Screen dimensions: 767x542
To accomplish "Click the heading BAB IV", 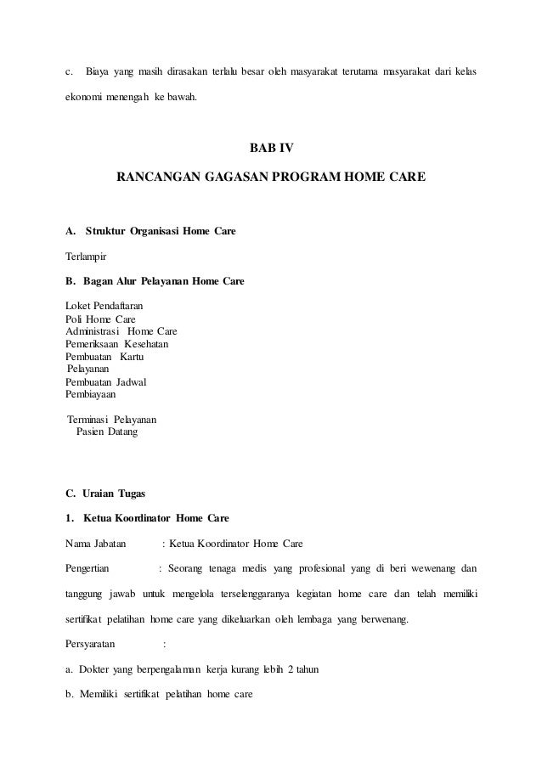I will (270, 148).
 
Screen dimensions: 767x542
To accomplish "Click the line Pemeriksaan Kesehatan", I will (117, 344).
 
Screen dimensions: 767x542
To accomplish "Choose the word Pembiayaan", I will (91, 395).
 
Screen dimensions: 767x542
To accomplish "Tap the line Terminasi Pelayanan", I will (110, 420).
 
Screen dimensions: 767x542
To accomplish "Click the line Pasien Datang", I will (106, 432).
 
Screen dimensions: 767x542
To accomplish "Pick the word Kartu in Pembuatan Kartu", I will (132, 358).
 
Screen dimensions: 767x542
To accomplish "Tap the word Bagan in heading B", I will (95, 279).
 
